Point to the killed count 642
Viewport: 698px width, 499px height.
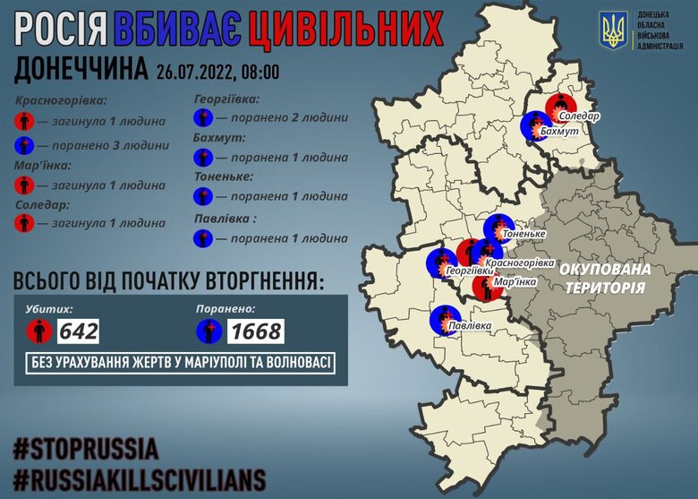click(x=78, y=331)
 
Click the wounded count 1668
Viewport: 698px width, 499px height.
click(x=255, y=331)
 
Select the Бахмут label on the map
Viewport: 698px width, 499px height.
click(x=561, y=132)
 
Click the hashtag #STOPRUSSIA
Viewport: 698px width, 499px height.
click(x=86, y=447)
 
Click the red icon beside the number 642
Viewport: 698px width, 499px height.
click(x=38, y=331)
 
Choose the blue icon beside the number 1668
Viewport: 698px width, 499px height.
click(x=209, y=331)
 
